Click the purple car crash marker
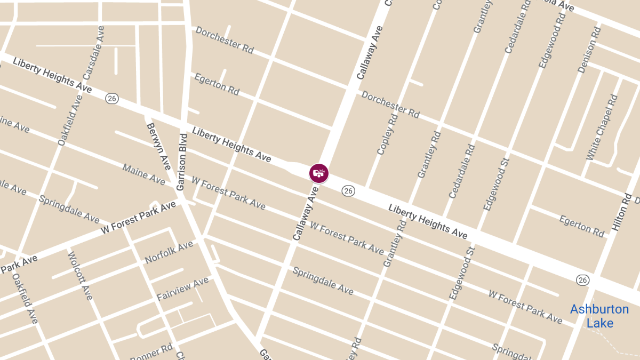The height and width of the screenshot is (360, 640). [x=319, y=173]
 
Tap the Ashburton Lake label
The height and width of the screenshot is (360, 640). [x=599, y=316]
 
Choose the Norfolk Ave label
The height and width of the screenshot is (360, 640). [x=169, y=252]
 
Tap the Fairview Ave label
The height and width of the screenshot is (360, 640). [x=182, y=289]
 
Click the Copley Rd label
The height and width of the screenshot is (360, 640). [x=387, y=134]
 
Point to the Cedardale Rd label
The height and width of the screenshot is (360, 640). [x=462, y=171]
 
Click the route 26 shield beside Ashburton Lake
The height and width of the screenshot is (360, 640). [x=582, y=279]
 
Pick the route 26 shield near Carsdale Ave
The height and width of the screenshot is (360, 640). [x=112, y=98]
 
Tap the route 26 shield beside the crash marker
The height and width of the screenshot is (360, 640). [x=348, y=190]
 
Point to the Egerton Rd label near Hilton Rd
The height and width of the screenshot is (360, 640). [x=581, y=226]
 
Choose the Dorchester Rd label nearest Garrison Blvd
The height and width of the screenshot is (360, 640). [x=224, y=40]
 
